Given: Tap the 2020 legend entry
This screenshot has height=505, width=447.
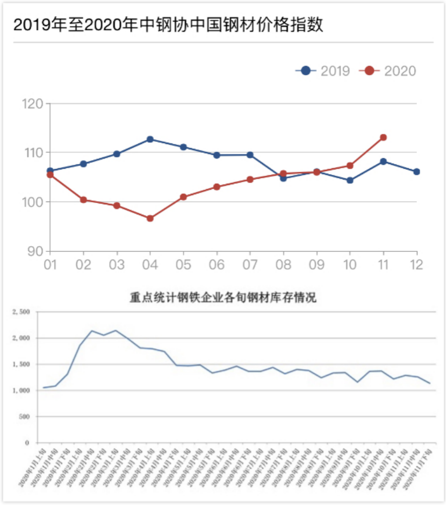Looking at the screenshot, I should [390, 70].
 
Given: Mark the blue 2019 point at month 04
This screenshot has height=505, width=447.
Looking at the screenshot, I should [150, 139].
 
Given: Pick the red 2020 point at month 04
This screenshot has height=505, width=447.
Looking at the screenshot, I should [150, 218].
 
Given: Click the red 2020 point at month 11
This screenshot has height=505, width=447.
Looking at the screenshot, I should [384, 138].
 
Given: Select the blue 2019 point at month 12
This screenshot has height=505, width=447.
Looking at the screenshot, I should [416, 171].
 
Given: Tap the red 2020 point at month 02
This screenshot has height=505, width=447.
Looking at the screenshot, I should [83, 200].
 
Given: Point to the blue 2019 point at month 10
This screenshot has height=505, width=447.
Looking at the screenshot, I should [350, 181].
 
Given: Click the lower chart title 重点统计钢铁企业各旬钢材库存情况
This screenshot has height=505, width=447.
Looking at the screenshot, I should [223, 297].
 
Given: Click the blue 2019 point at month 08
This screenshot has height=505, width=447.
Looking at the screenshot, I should [283, 178].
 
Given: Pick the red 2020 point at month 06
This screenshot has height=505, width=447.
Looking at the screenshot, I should [217, 187].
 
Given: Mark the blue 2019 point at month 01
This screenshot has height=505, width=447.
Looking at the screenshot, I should [50, 171].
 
